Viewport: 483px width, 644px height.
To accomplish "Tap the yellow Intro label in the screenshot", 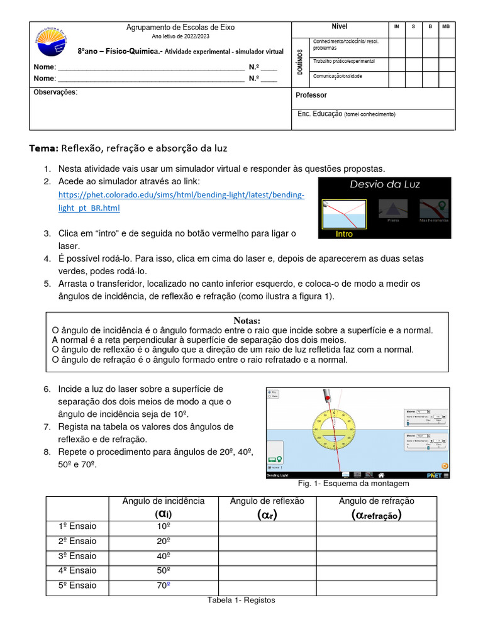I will click(344, 234).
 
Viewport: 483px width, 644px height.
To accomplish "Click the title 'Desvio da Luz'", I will click(384, 184).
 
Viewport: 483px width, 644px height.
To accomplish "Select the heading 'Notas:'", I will click(247, 320).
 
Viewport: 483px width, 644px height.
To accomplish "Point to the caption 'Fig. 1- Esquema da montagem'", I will click(353, 483).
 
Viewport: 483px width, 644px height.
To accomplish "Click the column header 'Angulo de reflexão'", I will click(267, 501).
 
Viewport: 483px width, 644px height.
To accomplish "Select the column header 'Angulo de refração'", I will click(376, 501).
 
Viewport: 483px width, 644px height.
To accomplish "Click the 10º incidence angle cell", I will click(164, 526).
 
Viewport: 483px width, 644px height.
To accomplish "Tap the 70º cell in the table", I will click(164, 586).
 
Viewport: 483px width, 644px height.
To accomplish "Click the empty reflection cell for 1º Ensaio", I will click(267, 526).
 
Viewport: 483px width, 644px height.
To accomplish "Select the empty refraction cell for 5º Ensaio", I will click(376, 586).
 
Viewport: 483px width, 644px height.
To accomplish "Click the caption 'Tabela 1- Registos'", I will click(241, 600).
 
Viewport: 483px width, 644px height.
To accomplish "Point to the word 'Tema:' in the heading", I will click(43, 148).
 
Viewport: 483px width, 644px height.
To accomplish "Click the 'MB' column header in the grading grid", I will click(446, 27).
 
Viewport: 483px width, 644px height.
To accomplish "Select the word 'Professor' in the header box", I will click(311, 95).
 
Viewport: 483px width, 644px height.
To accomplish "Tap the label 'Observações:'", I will click(55, 92).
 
